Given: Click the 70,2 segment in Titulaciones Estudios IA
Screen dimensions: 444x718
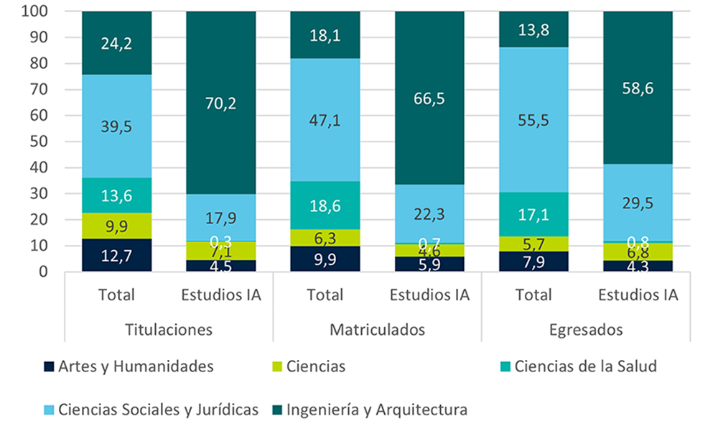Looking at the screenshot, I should (x=220, y=103).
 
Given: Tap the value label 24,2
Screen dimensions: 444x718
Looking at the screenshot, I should (x=116, y=43).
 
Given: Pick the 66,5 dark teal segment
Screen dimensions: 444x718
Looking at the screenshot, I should (x=429, y=98).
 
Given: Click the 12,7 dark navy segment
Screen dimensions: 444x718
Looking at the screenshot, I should (x=116, y=255).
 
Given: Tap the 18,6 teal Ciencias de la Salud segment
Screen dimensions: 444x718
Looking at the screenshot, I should (x=325, y=205).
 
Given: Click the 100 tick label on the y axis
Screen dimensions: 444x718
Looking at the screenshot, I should (x=36, y=11).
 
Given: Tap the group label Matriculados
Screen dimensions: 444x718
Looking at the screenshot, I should (x=377, y=330).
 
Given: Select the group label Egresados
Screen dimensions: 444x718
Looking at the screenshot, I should (x=585, y=330).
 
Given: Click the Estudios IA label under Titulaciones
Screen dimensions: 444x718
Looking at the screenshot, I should (x=220, y=295).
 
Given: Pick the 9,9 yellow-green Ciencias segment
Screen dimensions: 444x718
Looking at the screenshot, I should (x=116, y=226).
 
